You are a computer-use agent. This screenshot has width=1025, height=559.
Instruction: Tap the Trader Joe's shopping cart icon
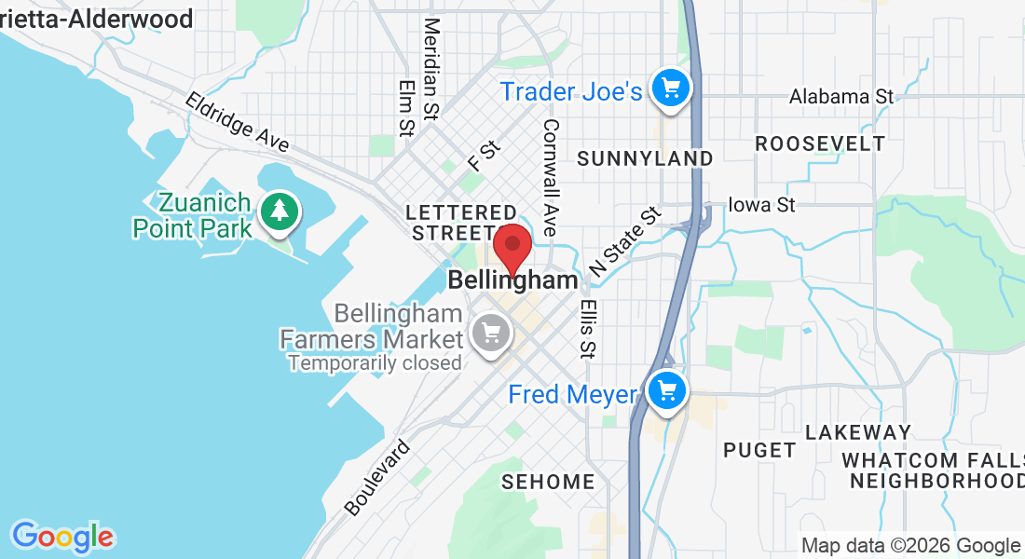(x=670, y=89)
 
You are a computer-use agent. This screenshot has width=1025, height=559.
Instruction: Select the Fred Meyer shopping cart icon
(x=666, y=390)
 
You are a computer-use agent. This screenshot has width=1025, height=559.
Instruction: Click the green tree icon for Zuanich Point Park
(x=279, y=211)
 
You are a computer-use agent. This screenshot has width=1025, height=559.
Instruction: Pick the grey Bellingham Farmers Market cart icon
(x=489, y=332)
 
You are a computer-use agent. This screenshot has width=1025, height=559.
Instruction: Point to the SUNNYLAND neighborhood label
(x=645, y=158)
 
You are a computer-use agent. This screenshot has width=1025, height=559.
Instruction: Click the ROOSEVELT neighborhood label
(x=820, y=143)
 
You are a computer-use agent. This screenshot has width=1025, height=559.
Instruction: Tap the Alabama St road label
(x=840, y=96)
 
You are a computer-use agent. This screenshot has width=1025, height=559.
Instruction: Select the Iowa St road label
(x=761, y=204)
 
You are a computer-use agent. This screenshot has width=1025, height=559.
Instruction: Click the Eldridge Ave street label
(x=237, y=121)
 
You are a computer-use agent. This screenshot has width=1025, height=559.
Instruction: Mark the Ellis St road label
(x=587, y=328)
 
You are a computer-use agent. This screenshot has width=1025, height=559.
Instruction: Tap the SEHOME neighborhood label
(x=548, y=482)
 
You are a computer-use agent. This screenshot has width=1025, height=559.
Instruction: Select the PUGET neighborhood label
(x=760, y=450)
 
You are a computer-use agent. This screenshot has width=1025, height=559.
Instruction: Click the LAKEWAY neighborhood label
(x=857, y=432)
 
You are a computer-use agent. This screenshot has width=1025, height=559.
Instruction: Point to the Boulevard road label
(x=376, y=477)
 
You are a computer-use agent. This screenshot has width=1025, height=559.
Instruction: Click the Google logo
(x=62, y=537)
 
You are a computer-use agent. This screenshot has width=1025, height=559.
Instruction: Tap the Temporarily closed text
(x=375, y=362)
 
